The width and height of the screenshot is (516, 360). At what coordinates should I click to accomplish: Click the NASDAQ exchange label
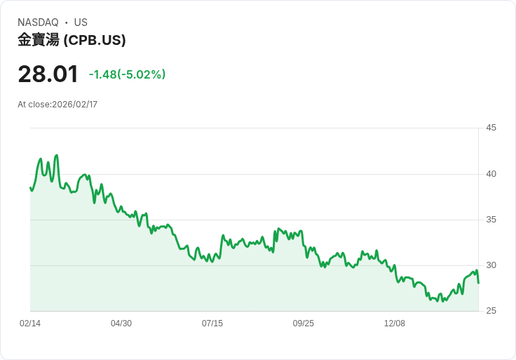pyautogui.click(x=38, y=22)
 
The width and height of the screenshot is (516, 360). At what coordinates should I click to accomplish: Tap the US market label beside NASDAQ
pyautogui.click(x=81, y=22)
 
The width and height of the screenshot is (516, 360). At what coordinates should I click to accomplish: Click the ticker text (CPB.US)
pyautogui.click(x=95, y=41)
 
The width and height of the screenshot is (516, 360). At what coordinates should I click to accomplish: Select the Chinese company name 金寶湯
pyautogui.click(x=39, y=41)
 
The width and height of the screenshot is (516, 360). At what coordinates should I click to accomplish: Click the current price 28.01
pyautogui.click(x=48, y=74)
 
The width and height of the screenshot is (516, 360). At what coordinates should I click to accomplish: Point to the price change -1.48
pyautogui.click(x=102, y=74)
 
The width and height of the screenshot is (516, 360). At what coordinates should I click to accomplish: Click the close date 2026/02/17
pyautogui.click(x=74, y=105)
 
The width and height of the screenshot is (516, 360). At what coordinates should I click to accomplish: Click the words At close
pyautogui.click(x=34, y=105)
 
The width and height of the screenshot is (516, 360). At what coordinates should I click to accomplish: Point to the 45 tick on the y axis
pyautogui.click(x=491, y=128)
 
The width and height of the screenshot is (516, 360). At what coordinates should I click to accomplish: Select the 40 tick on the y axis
pyautogui.click(x=491, y=174)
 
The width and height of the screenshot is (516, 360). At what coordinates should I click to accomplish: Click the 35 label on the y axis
pyautogui.click(x=491, y=220)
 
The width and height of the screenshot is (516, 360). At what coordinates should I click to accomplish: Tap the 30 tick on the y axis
pyautogui.click(x=491, y=265)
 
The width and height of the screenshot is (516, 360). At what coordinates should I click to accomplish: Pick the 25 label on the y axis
pyautogui.click(x=491, y=311)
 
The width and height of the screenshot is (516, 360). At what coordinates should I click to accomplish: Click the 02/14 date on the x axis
pyautogui.click(x=30, y=324)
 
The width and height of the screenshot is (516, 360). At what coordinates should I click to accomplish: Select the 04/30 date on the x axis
pyautogui.click(x=121, y=324)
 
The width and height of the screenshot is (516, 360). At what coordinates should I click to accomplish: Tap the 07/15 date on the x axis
pyautogui.click(x=212, y=324)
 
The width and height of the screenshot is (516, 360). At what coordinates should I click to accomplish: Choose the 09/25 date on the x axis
pyautogui.click(x=304, y=324)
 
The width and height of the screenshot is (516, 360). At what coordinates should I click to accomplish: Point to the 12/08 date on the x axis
pyautogui.click(x=395, y=324)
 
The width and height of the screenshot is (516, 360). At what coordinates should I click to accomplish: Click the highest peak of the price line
pyautogui.click(x=56, y=155)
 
